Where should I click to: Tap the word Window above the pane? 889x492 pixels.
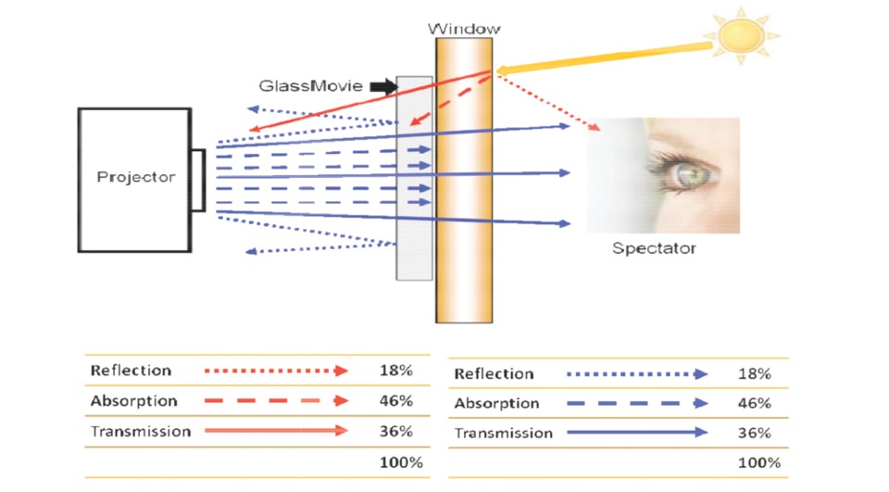[464, 29]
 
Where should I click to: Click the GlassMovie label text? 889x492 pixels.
[310, 86]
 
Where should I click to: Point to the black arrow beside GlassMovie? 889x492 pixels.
[382, 86]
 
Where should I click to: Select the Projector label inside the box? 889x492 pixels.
[135, 177]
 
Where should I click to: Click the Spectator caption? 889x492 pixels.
[654, 248]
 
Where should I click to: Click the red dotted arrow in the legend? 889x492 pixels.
[276, 371]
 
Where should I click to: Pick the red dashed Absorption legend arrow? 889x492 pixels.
[276, 401]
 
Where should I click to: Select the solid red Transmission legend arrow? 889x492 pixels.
[276, 431]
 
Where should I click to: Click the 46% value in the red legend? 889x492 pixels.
[395, 401]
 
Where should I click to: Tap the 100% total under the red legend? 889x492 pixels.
[400, 461]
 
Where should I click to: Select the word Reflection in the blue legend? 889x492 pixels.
[494, 373]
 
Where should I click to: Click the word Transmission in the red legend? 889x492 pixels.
[140, 431]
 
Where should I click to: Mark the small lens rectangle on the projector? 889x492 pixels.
[198, 178]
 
